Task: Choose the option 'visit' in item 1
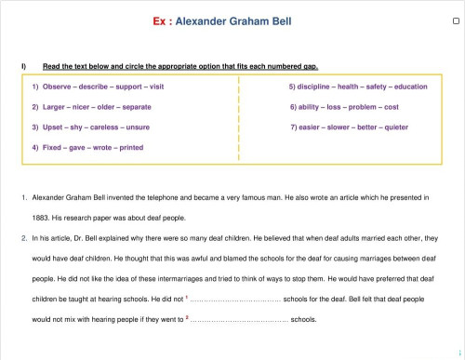[155, 87]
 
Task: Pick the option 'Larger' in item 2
[55, 107]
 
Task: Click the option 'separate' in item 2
[135, 107]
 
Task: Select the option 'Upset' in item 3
[54, 127]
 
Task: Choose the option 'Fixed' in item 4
[54, 147]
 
